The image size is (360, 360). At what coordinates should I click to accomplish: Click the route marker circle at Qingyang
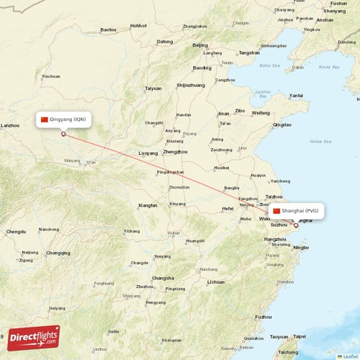pyautogui.click(x=63, y=133)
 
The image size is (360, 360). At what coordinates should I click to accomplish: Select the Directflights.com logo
pyautogui.click(x=34, y=337)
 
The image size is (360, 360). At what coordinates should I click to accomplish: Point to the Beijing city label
pyautogui.click(x=200, y=45)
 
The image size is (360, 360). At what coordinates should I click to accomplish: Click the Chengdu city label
pyautogui.click(x=15, y=232)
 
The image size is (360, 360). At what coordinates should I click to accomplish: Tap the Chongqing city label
pyautogui.click(x=58, y=253)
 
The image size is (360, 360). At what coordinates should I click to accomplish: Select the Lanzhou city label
pyautogui.click(x=10, y=125)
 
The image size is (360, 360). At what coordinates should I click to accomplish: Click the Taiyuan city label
pyautogui.click(x=153, y=88)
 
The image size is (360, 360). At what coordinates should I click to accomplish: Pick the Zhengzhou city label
pyautogui.click(x=176, y=152)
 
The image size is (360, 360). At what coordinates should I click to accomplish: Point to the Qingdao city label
pyautogui.click(x=282, y=125)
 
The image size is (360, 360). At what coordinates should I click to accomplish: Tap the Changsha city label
pyautogui.click(x=163, y=278)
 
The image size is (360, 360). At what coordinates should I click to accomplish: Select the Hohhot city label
pyautogui.click(x=138, y=25)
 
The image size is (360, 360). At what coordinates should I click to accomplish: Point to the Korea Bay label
pyautogui.click(x=329, y=67)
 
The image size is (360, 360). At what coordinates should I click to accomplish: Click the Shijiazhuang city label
pyautogui.click(x=191, y=85)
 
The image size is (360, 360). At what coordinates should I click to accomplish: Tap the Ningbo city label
pyautogui.click(x=302, y=248)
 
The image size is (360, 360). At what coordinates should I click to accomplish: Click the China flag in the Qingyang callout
pyautogui.click(x=45, y=120)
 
